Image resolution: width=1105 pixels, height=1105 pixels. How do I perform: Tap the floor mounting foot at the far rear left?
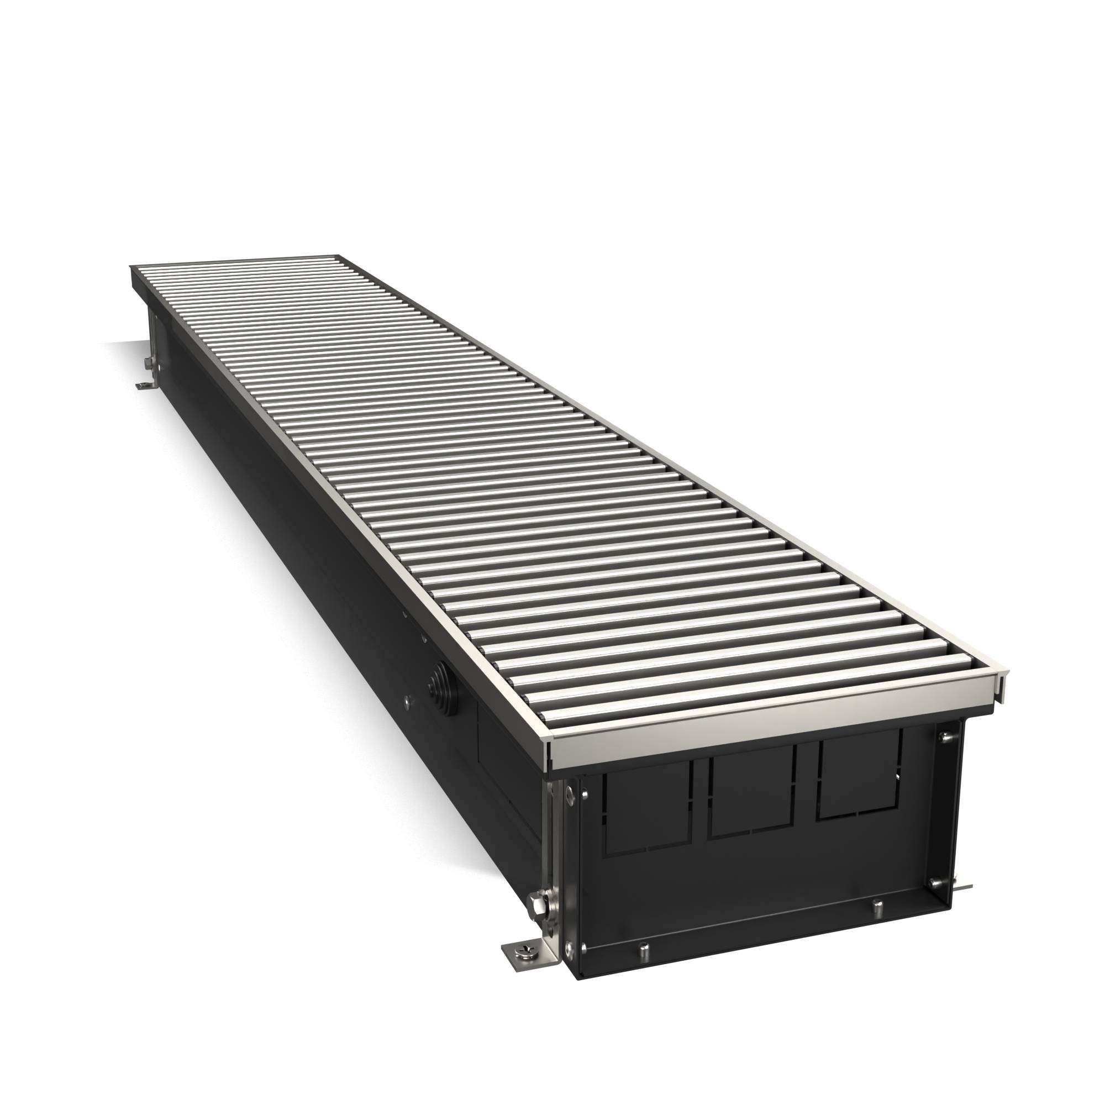146,387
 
